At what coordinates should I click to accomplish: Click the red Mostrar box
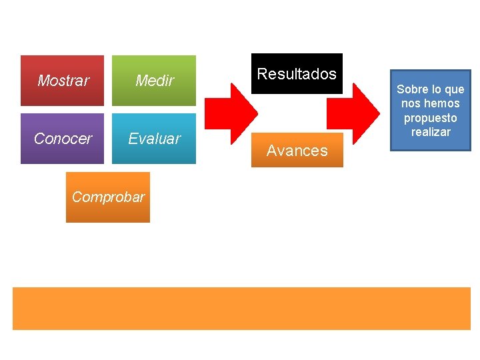63,81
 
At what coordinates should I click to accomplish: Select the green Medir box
154,81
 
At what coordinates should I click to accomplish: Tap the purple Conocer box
63,139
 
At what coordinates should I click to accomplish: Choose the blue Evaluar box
154,139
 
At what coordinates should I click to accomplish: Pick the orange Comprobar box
108,197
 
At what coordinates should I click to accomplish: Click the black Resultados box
297,74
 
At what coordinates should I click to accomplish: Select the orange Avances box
297,150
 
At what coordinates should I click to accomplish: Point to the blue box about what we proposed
431,110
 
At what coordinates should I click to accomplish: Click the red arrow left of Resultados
230,111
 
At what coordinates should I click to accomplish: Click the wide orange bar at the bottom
241,308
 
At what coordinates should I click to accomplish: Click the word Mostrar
63,81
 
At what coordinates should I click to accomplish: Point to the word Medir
154,81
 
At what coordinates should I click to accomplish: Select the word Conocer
63,139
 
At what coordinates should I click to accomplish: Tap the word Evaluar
154,139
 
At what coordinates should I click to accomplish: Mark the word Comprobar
108,197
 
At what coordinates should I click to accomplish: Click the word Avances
297,151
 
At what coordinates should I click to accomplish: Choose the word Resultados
297,74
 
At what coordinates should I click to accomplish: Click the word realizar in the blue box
431,132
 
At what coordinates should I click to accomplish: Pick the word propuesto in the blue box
431,118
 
